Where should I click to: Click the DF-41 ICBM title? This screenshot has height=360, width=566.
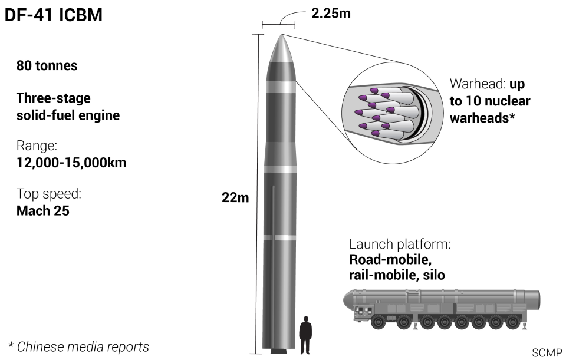pyautogui.click(x=54, y=15)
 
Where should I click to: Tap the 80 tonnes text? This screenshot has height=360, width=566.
pyautogui.click(x=47, y=65)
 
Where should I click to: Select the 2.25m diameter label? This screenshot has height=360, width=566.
pyautogui.click(x=331, y=14)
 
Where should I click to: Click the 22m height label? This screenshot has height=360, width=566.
pyautogui.click(x=235, y=197)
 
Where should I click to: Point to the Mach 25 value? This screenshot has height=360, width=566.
pyautogui.click(x=43, y=211)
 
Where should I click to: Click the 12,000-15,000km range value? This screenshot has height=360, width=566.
pyautogui.click(x=71, y=163)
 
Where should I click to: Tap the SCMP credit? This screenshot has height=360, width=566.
pyautogui.click(x=547, y=352)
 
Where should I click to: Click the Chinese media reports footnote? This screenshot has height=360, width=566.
pyautogui.click(x=78, y=346)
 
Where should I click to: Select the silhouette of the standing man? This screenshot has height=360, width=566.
pyautogui.click(x=305, y=335)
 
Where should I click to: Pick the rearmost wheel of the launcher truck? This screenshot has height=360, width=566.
pyautogui.click(x=512, y=322)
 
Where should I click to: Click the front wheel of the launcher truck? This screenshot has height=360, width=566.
pyautogui.click(x=379, y=322)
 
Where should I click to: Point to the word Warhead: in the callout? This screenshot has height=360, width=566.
pyautogui.click(x=478, y=84)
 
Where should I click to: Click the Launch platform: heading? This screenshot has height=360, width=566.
pyautogui.click(x=400, y=244)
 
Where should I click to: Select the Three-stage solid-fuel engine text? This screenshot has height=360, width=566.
pyautogui.click(x=68, y=107)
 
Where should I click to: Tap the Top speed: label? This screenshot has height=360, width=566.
pyautogui.click(x=49, y=194)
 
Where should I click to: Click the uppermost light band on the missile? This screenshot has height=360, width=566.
pyautogui.click(x=281, y=87)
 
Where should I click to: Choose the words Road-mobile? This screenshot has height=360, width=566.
pyautogui.click(x=390, y=259)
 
